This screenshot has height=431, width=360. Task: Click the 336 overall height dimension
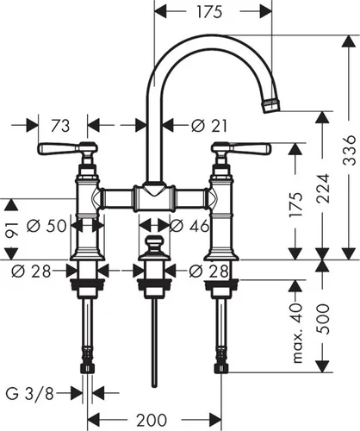point(349,150)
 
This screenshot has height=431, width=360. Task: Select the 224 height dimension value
point(323,188)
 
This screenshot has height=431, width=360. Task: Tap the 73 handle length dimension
point(60,126)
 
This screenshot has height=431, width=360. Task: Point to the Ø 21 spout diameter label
point(209,126)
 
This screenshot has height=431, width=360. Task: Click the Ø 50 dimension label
point(47,226)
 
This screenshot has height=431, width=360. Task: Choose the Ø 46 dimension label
point(189,226)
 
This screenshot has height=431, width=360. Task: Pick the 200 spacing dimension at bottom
point(152,420)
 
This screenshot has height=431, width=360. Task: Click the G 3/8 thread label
point(30,394)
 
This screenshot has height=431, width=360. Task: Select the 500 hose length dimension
point(323,319)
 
